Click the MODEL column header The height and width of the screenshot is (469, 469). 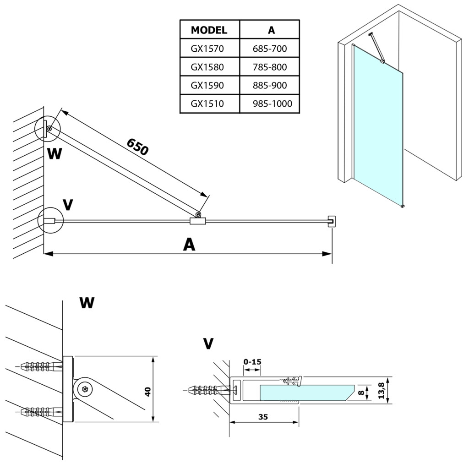(x=209, y=31)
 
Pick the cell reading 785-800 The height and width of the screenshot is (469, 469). (x=270, y=67)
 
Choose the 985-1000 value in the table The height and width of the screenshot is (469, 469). (x=270, y=104)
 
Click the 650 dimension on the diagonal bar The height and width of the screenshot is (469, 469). (x=137, y=147)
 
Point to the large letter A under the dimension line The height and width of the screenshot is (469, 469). (x=189, y=245)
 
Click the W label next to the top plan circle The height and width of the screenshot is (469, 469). (x=55, y=153)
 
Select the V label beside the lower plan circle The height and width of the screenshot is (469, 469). (x=68, y=205)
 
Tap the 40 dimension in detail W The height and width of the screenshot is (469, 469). (x=147, y=392)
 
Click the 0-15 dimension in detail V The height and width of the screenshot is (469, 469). (x=252, y=362)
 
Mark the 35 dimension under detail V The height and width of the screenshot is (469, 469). (x=262, y=417)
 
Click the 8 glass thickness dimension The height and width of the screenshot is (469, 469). (x=361, y=392)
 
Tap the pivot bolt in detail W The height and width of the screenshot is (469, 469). (x=85, y=390)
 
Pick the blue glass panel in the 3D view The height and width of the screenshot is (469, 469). (x=378, y=128)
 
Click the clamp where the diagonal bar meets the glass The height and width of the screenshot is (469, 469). (x=197, y=221)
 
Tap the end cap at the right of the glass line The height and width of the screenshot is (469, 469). (x=332, y=220)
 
